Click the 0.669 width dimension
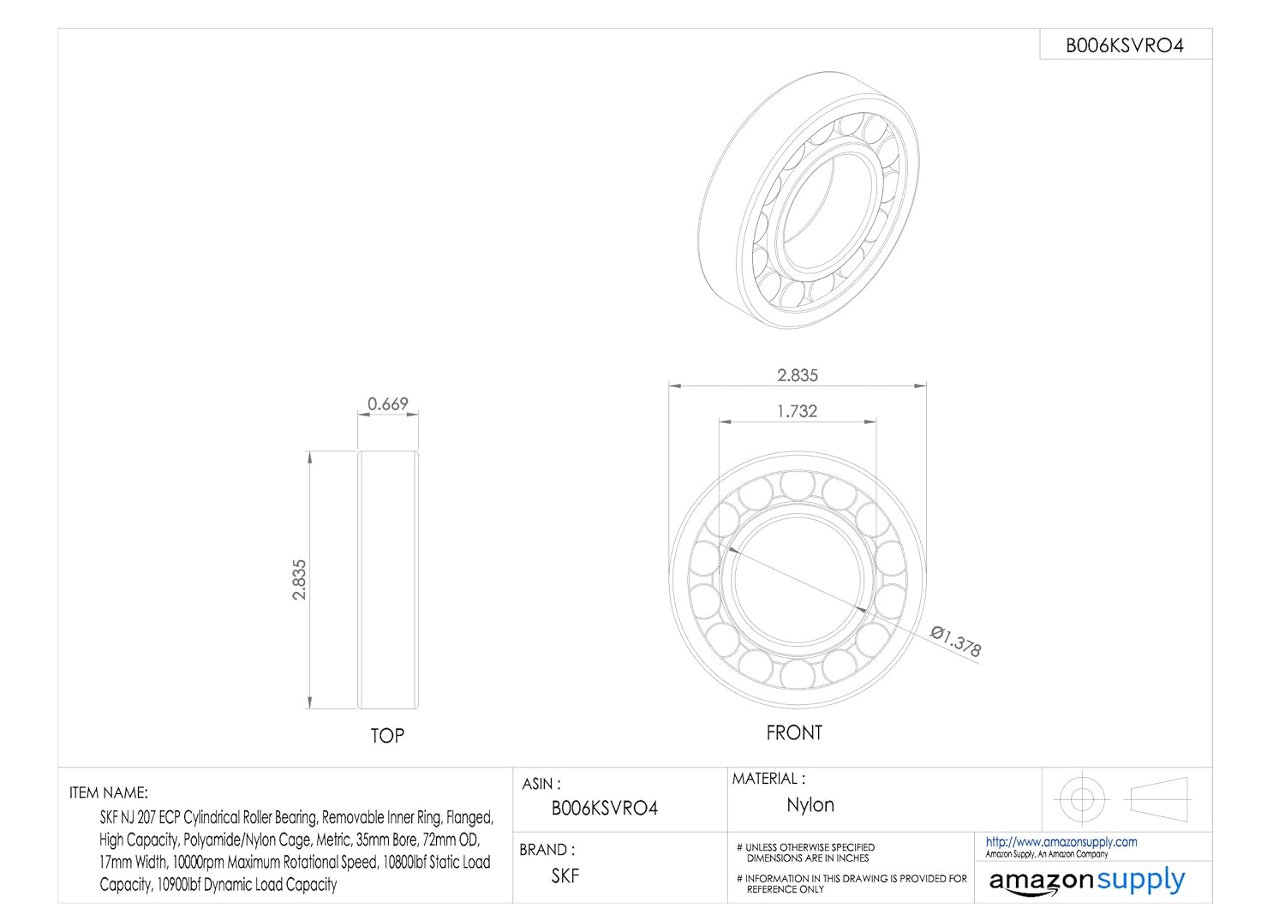click(x=388, y=403)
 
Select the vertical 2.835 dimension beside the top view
click(x=300, y=580)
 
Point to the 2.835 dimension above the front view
click(x=798, y=375)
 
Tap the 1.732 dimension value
click(x=797, y=411)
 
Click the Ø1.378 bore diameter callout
click(x=956, y=642)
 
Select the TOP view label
click(x=387, y=736)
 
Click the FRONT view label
click(x=794, y=733)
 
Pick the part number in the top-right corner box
click(x=1124, y=45)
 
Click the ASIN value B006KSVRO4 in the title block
click(x=605, y=808)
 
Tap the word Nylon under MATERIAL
click(x=810, y=805)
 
